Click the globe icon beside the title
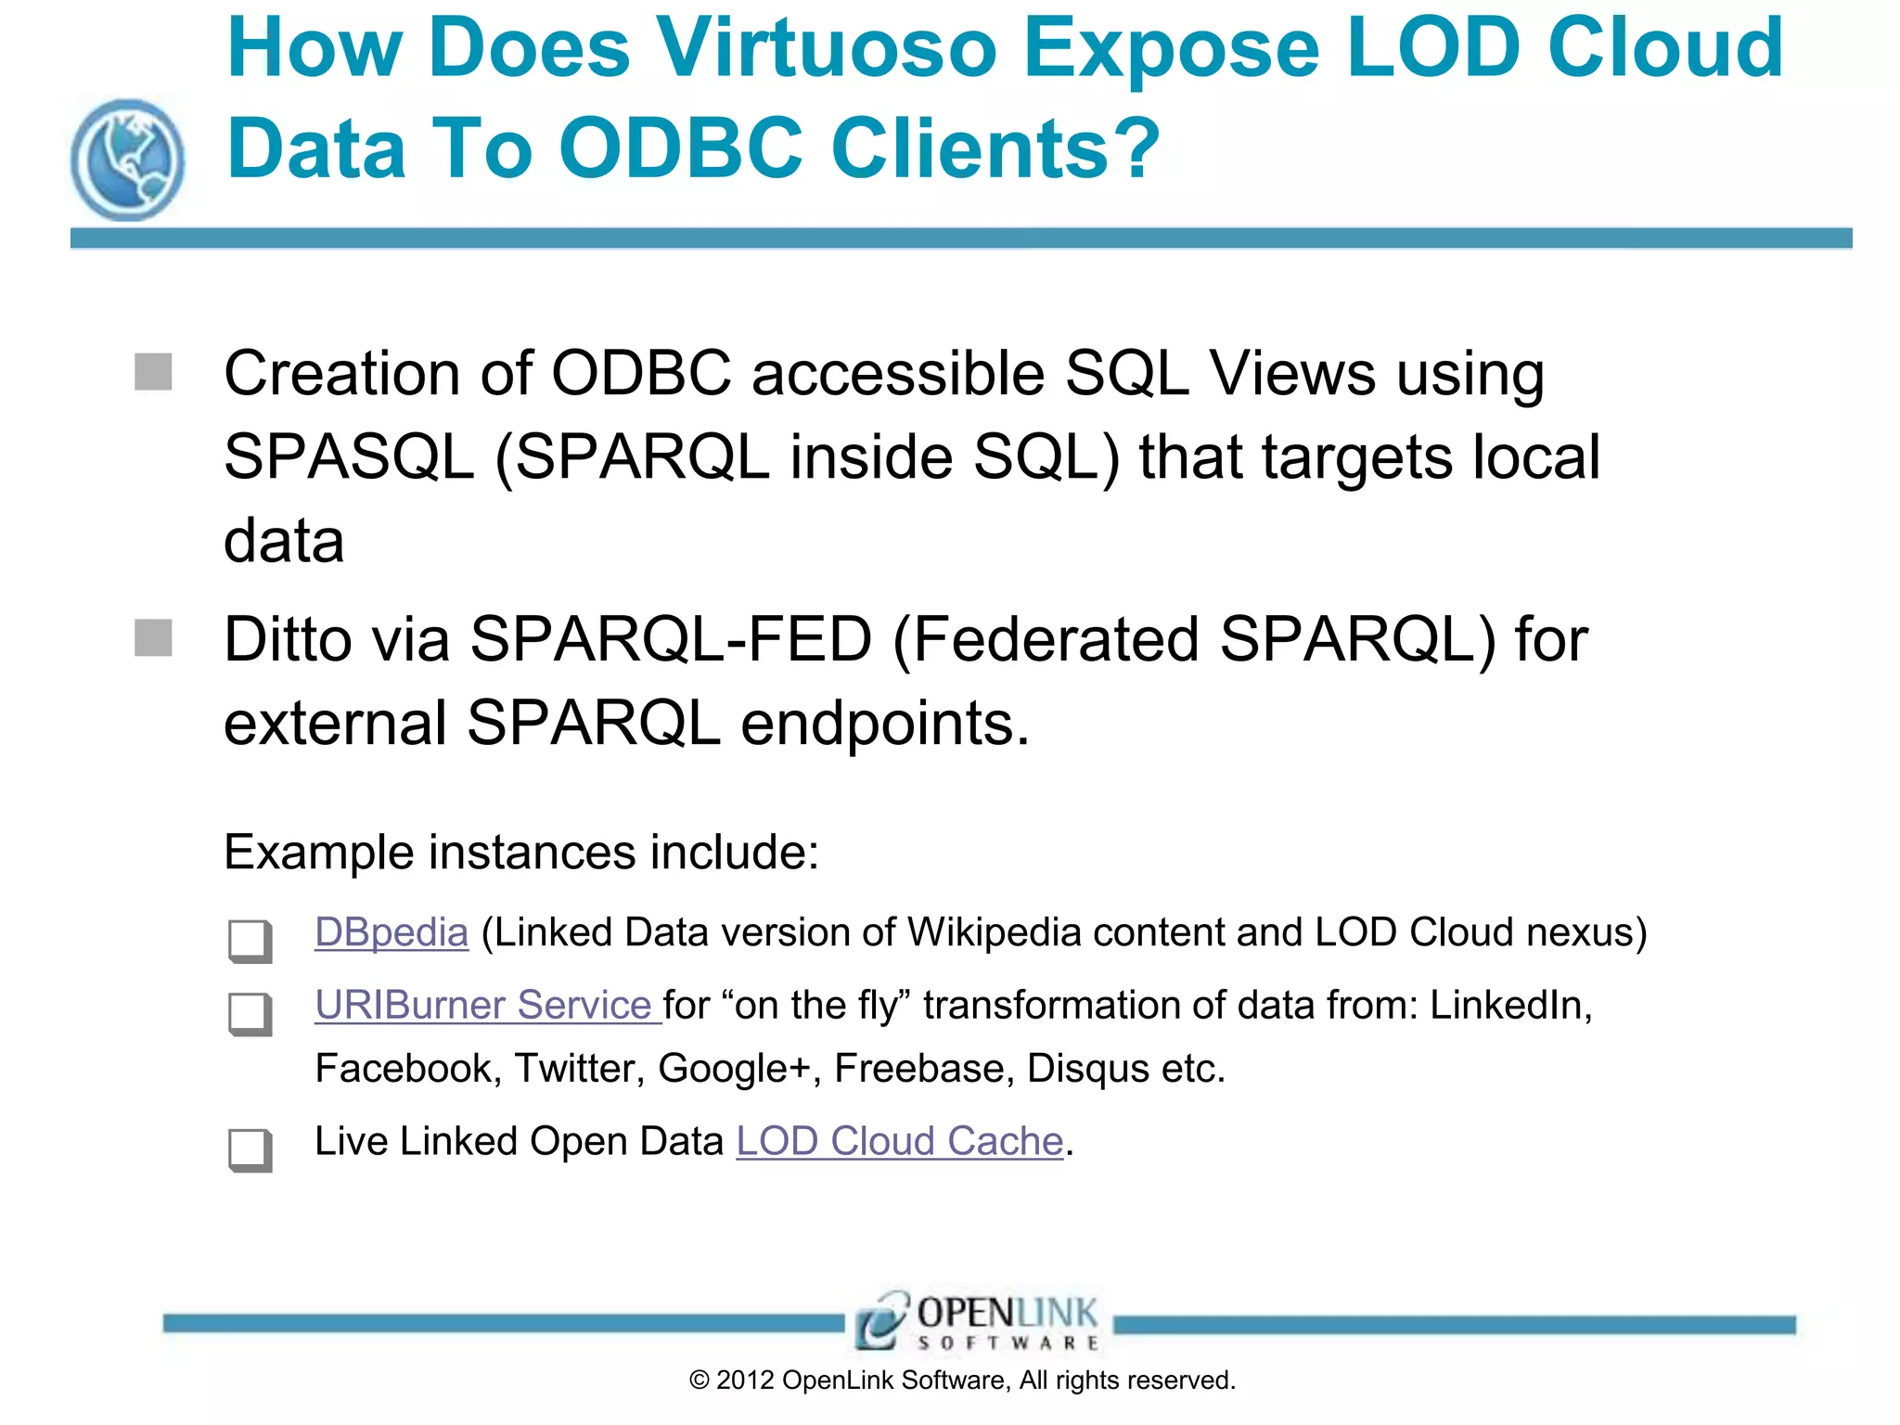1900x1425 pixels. point(127,160)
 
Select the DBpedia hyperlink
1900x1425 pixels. point(391,932)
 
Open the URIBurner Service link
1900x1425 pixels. point(486,1005)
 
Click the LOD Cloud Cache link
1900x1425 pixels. point(899,1141)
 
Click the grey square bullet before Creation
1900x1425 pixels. point(153,372)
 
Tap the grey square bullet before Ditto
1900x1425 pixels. point(153,638)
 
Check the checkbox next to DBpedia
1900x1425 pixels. point(250,940)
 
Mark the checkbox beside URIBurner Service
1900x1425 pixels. point(250,1013)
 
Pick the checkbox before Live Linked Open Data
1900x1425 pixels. point(250,1149)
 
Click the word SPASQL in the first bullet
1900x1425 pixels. point(349,457)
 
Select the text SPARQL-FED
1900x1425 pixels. point(671,639)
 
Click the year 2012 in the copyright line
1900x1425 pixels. point(745,1380)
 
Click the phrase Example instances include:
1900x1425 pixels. point(521,852)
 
